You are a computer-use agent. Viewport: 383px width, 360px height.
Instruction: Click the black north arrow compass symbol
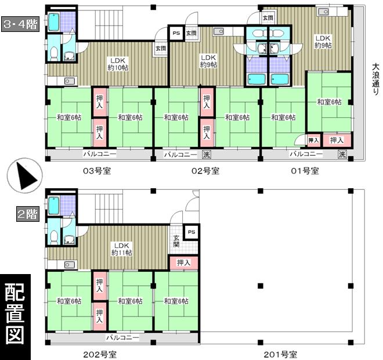pos(23,175)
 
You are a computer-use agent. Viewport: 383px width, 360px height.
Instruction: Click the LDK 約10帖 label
pos(118,64)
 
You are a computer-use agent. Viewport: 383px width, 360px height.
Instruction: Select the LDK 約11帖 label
pos(122,249)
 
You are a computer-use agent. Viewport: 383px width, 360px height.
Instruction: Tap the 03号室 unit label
pos(96,171)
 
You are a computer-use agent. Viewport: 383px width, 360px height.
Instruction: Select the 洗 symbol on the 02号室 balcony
pos(206,154)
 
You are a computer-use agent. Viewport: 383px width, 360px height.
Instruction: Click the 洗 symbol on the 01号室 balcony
pos(342,154)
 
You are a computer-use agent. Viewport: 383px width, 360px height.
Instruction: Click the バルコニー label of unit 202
pos(122,337)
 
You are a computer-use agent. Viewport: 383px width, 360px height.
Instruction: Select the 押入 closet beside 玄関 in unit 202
pos(183,262)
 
